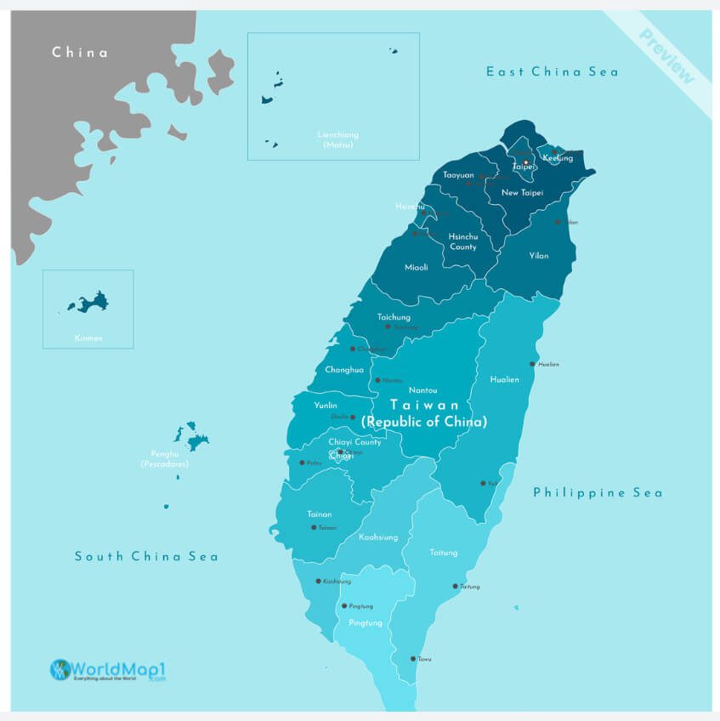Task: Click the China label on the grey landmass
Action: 80,53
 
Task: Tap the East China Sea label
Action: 552,71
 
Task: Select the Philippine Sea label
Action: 598,492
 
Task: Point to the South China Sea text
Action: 146,556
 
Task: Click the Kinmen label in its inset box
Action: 88,338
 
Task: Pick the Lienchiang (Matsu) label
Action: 338,139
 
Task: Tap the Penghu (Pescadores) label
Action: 165,461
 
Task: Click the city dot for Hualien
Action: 532,364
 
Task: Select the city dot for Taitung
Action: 455,586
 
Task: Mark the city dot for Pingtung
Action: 344,606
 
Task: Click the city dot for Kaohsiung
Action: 318,581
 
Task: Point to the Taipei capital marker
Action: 525,162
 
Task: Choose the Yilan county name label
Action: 538,255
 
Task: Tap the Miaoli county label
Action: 417,267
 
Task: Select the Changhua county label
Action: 344,370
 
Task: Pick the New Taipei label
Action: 522,193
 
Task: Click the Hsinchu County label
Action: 463,241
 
